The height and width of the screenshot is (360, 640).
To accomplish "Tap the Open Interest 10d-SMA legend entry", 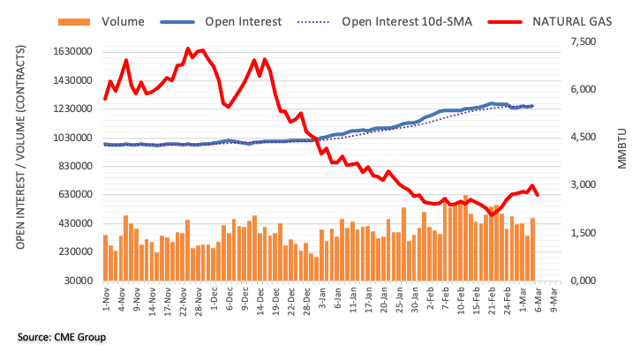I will [x=407, y=20].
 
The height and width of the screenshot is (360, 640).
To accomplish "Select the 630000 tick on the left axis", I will [x=73, y=195].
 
